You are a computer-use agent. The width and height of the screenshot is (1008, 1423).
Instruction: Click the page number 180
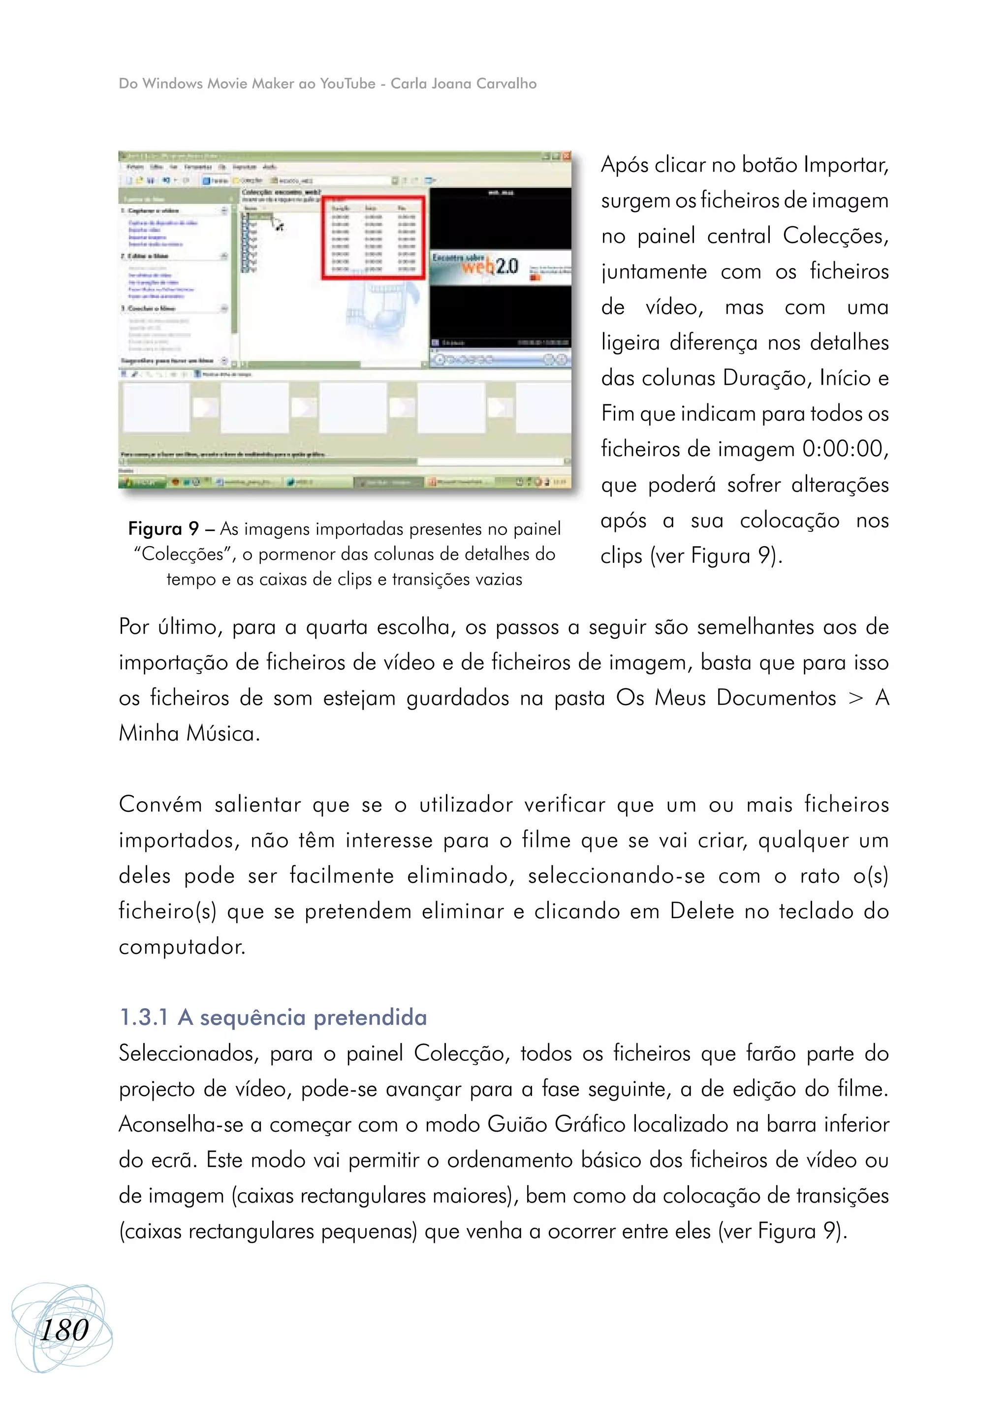click(64, 1330)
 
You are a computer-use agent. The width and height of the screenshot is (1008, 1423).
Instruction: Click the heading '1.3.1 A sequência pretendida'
click(273, 1018)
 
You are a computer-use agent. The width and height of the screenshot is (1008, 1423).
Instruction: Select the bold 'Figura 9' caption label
click(162, 529)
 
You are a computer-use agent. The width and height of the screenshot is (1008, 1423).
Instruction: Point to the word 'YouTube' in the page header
click(347, 84)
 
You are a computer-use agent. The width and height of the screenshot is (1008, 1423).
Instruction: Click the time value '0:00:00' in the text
click(842, 449)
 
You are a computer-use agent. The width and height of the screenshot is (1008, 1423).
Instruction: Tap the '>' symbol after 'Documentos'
click(855, 698)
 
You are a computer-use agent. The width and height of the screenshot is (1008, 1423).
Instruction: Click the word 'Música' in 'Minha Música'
click(223, 734)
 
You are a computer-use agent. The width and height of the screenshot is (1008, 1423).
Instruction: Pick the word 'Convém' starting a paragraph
click(160, 805)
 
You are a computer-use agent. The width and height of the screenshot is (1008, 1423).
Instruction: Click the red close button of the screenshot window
click(566, 156)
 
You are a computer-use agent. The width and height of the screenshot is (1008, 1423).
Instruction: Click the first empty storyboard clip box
click(156, 408)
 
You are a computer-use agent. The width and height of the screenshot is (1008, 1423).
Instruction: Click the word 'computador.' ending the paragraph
click(182, 947)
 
